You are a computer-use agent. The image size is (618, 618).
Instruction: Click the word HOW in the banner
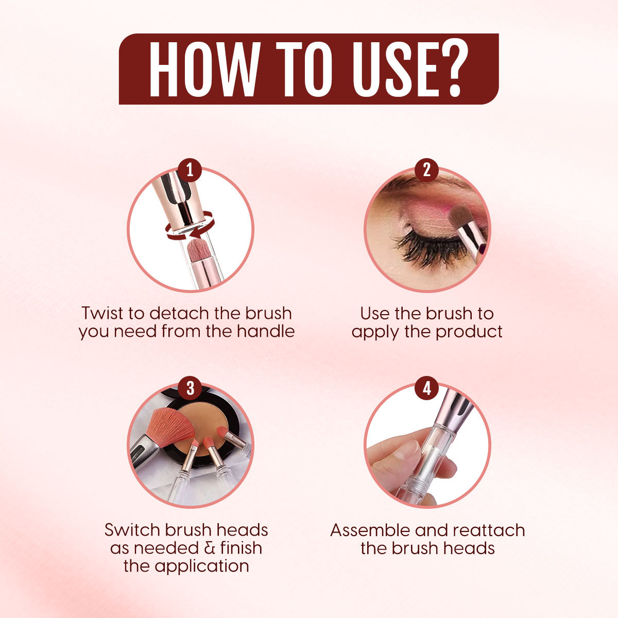click(x=204, y=69)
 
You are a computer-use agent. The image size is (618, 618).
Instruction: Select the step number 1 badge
click(x=190, y=169)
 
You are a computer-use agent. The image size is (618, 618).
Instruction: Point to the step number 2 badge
click(x=426, y=169)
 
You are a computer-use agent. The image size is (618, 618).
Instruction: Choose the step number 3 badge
click(x=190, y=388)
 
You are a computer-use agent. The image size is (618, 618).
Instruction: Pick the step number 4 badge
click(x=427, y=388)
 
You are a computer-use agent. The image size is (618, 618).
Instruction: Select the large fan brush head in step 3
click(x=170, y=427)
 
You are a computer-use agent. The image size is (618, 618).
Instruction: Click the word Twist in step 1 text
click(x=102, y=313)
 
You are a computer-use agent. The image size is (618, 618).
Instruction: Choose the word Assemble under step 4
click(x=370, y=530)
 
